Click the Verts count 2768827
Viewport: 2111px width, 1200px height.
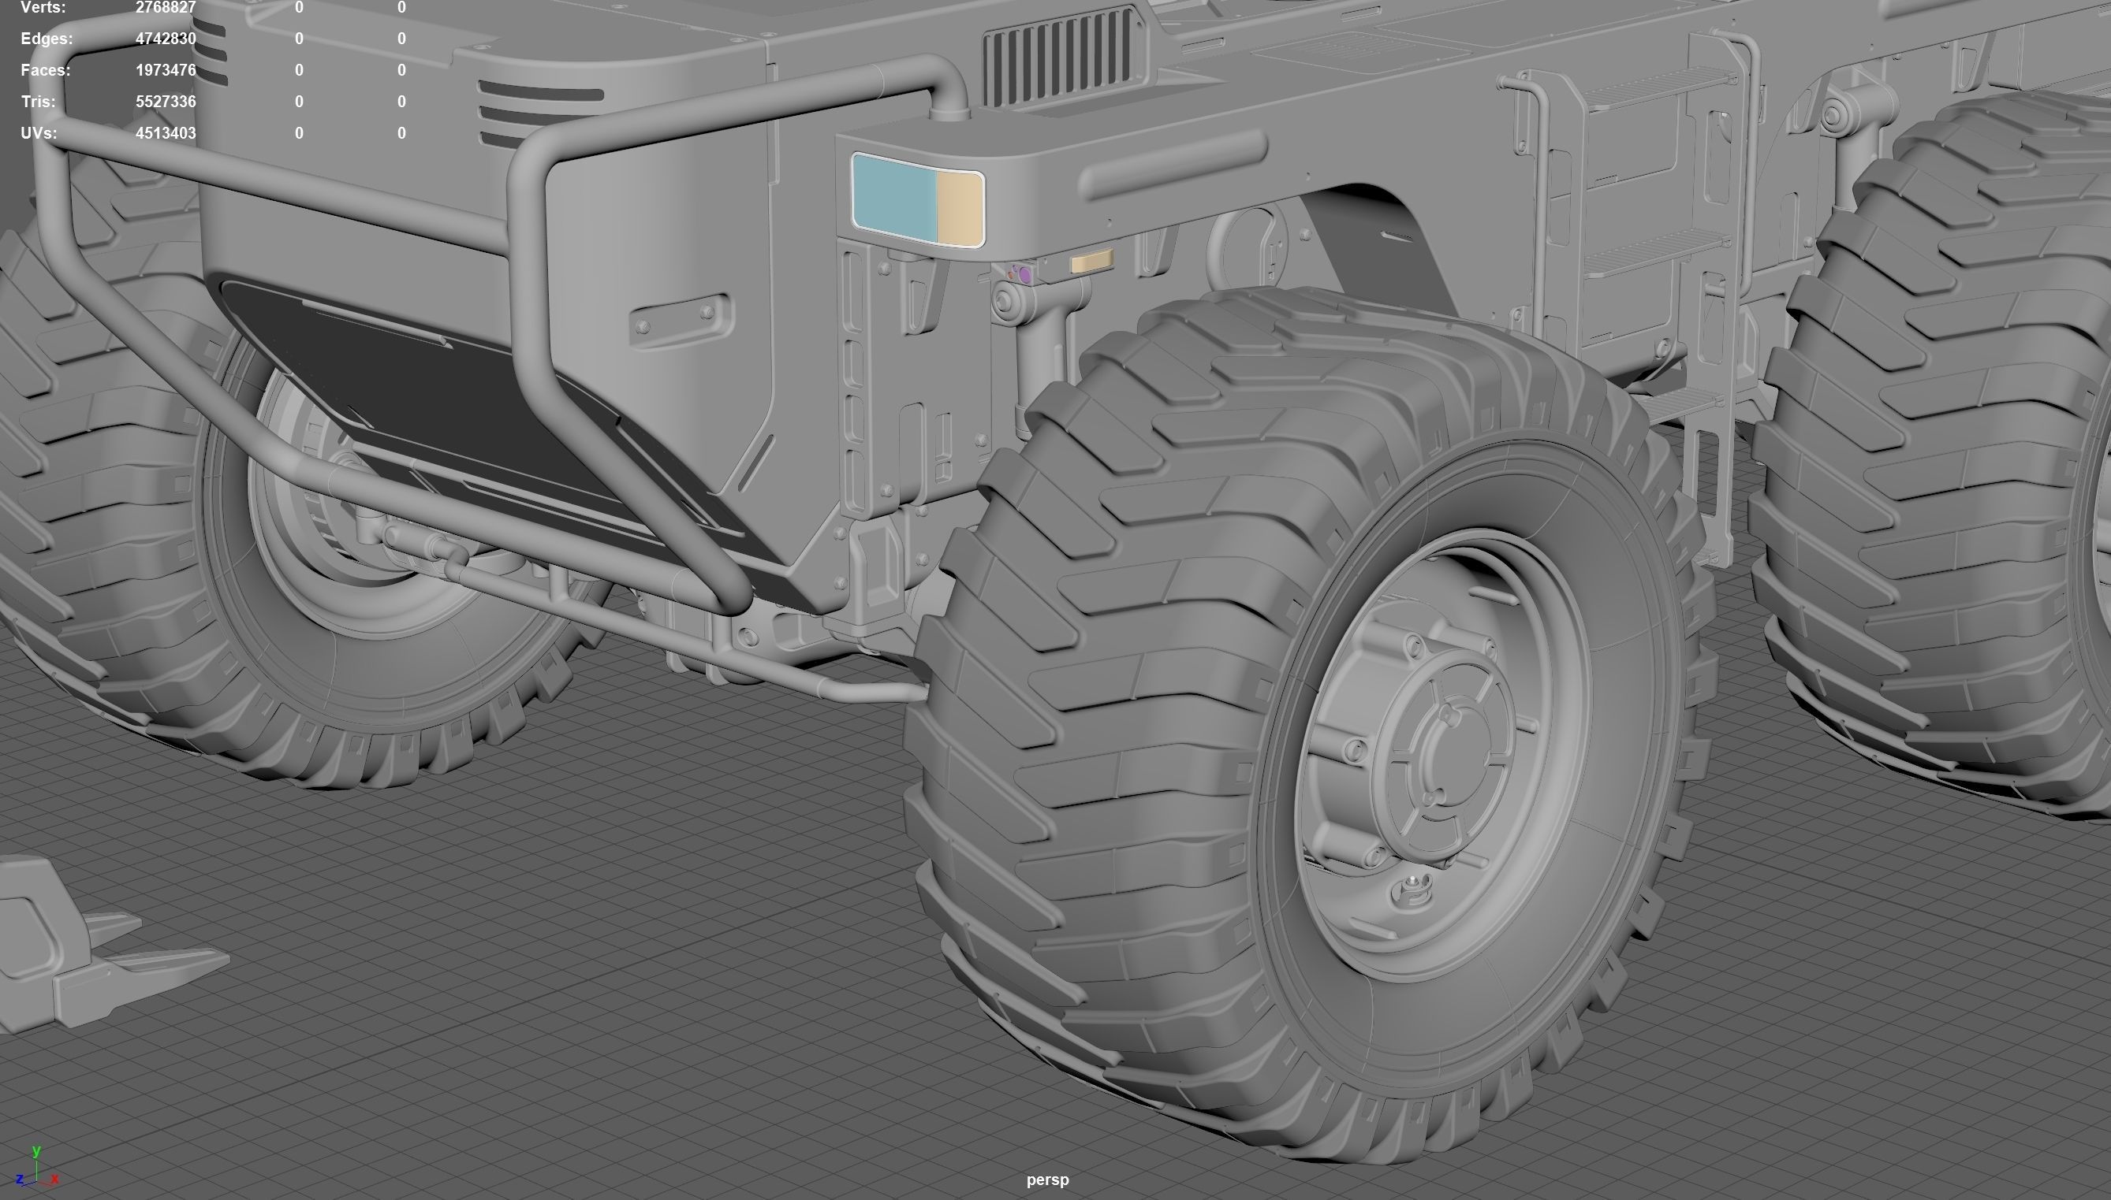coord(165,7)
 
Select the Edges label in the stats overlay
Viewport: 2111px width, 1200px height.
coord(47,39)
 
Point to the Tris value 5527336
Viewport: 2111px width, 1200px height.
coord(165,102)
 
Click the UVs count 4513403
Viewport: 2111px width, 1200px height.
coord(165,132)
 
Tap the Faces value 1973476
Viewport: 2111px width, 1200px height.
coord(165,70)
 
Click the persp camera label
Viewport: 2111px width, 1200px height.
coord(1047,1180)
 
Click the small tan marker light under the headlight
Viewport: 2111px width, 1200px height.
coord(1091,262)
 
